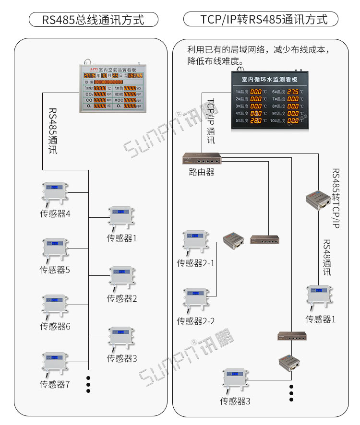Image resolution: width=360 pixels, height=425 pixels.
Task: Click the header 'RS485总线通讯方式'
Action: tap(93, 20)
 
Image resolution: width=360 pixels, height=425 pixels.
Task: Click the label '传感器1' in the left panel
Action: tap(122, 238)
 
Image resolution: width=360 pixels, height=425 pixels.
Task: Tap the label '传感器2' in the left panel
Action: tap(122, 298)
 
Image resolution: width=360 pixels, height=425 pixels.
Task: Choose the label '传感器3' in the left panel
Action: tap(122, 358)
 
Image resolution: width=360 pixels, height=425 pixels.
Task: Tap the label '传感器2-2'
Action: tap(196, 321)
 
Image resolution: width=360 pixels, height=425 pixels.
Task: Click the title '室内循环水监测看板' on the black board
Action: tap(269, 79)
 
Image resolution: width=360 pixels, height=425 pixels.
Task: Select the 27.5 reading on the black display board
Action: tap(297, 92)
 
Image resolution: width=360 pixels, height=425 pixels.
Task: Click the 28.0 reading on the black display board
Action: tap(256, 121)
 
